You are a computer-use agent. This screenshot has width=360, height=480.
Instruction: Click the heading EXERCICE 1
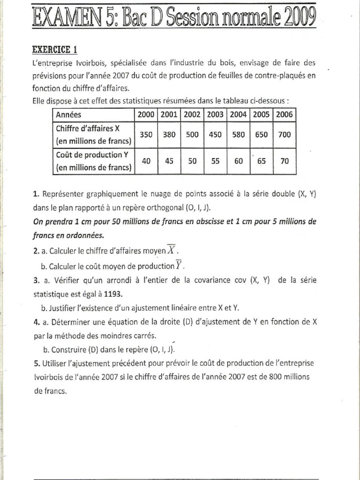[54, 49]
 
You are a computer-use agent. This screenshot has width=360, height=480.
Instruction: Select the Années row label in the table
[68, 114]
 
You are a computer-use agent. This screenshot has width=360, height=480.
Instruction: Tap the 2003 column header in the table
[215, 114]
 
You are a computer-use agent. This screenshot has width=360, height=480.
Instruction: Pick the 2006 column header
[284, 114]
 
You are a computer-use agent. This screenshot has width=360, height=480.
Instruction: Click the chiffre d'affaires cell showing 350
[146, 135]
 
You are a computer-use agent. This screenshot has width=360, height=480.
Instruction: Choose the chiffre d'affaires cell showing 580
[238, 135]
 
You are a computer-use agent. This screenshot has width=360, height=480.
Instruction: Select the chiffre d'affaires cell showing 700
[284, 135]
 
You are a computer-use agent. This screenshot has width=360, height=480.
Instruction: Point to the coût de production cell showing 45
[169, 161]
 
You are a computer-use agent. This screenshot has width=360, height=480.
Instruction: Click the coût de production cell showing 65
[262, 161]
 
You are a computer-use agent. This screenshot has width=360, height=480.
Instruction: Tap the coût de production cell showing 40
[146, 161]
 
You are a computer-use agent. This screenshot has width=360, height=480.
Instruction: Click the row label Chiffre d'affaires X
[89, 128]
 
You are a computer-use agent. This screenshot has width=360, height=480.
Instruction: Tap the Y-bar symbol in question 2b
[179, 266]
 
